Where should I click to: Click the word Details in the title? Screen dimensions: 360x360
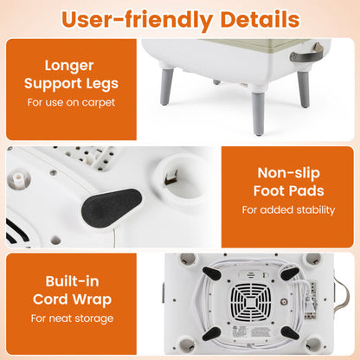pyautogui.click(x=260, y=20)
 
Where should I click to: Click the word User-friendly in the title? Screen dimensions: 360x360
pyautogui.click(x=137, y=20)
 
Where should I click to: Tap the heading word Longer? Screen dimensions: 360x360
pyautogui.click(x=69, y=66)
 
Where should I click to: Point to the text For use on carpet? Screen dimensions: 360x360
pyautogui.click(x=71, y=102)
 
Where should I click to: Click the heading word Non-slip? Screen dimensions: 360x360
pyautogui.click(x=289, y=173)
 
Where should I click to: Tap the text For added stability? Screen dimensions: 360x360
pyautogui.click(x=288, y=209)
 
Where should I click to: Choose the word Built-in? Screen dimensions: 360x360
pyautogui.click(x=72, y=281)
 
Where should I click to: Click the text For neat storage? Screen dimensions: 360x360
pyautogui.click(x=72, y=318)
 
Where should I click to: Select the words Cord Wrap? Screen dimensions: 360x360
pyautogui.click(x=72, y=299)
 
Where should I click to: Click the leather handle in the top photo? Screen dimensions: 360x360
pyautogui.click(x=307, y=53)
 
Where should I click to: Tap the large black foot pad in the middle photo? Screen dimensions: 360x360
pyautogui.click(x=112, y=207)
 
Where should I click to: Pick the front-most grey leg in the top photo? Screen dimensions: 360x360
pyautogui.click(x=258, y=113)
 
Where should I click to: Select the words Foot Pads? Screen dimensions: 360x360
pyautogui.click(x=289, y=191)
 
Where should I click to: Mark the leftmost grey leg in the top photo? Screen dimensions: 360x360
pyautogui.click(x=167, y=87)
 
